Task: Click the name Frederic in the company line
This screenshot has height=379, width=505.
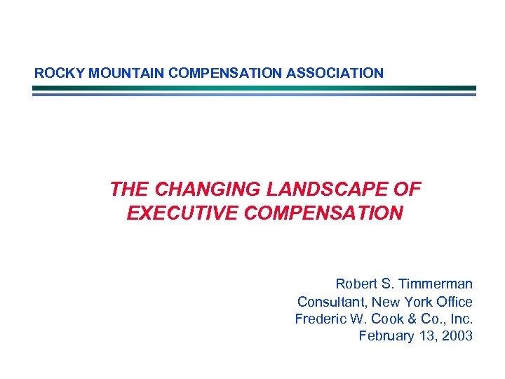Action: pos(321,319)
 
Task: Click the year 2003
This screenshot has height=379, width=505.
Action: pos(457,336)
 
